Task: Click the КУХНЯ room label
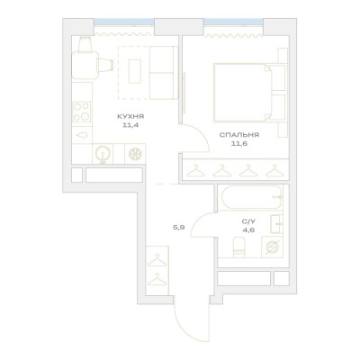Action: (131, 116)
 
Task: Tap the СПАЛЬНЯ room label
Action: (239, 135)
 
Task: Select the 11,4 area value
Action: (130, 125)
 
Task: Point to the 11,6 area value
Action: (238, 144)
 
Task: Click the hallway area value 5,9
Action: (178, 228)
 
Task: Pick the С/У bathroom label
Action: (248, 221)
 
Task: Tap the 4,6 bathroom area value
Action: (248, 230)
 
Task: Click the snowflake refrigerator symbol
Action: (135, 154)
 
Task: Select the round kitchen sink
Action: (103, 154)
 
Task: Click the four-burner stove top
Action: (82, 112)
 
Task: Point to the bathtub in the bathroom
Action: (252, 197)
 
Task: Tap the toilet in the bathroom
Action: (239, 247)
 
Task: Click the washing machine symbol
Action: (272, 247)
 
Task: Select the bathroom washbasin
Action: (276, 224)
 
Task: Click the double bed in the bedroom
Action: (243, 93)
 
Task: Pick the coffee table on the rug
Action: (135, 71)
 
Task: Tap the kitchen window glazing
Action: (124, 22)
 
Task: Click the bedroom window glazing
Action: (234, 22)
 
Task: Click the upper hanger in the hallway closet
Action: (157, 260)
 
